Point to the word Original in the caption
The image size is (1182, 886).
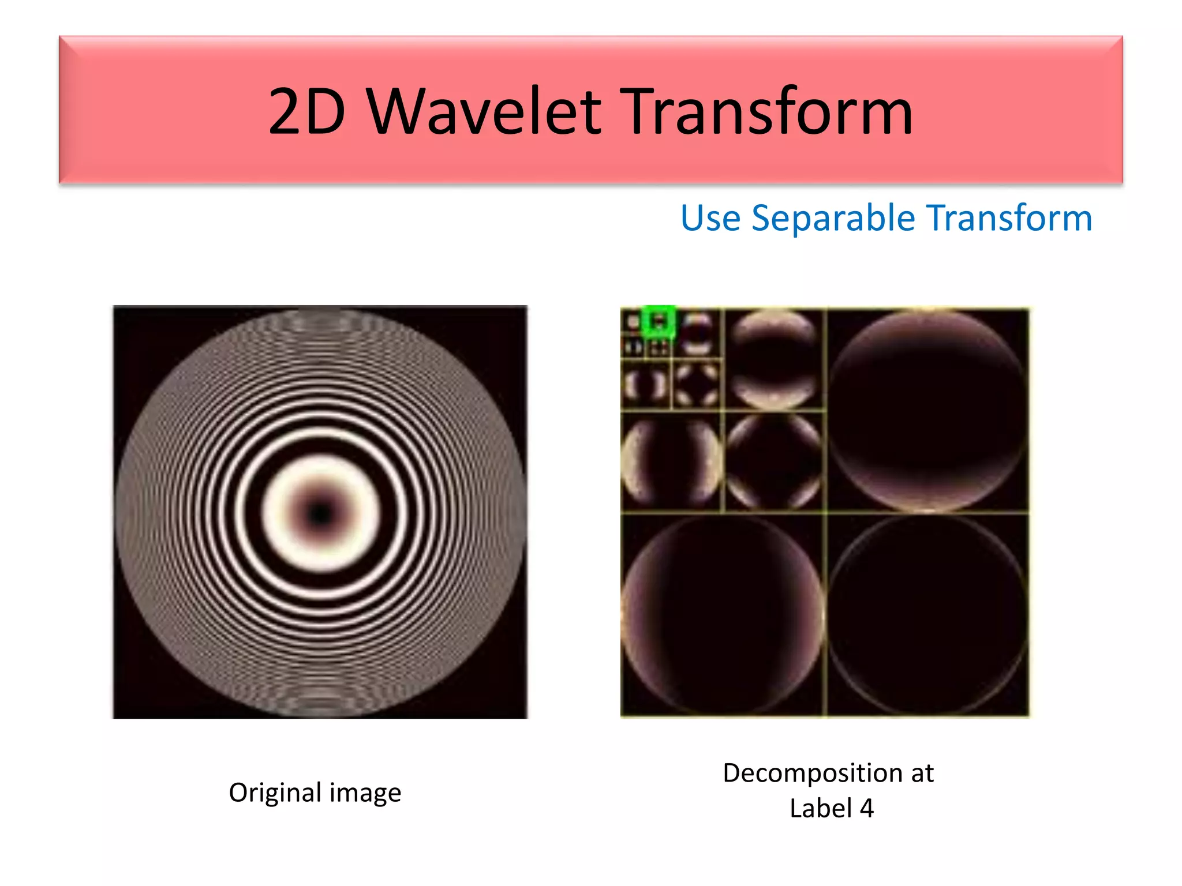click(275, 793)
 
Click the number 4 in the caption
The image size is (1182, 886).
click(866, 808)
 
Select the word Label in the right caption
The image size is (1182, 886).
click(819, 808)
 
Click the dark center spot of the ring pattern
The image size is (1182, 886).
click(320, 513)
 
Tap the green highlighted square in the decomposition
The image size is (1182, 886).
click(659, 321)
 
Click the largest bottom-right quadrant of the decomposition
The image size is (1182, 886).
click(928, 615)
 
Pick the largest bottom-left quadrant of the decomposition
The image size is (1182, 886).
click(723, 615)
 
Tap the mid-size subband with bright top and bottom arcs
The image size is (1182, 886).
click(774, 359)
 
